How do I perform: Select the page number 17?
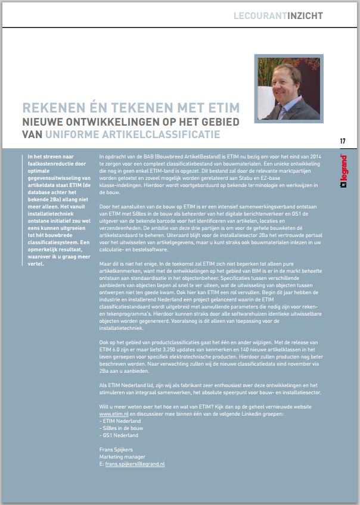pyautogui.click(x=343, y=141)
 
